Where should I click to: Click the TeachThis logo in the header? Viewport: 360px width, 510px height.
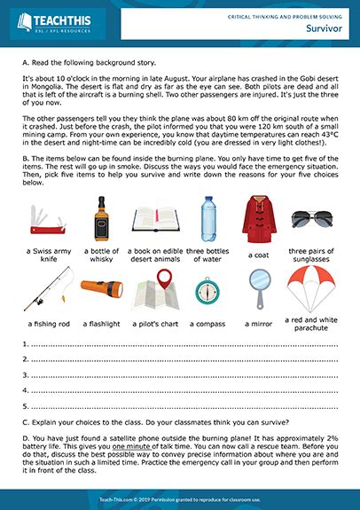pyautogui.click(x=55, y=21)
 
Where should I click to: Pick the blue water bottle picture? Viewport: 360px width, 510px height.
pyautogui.click(x=207, y=219)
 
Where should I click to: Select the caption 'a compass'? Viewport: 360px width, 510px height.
pyautogui.click(x=207, y=326)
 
